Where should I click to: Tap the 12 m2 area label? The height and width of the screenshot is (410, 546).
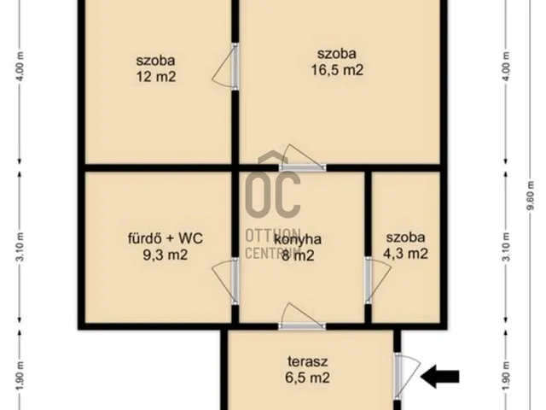click(x=155, y=76)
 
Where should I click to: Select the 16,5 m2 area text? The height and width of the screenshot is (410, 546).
click(x=337, y=70)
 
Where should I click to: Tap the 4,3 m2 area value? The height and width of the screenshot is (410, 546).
click(x=405, y=254)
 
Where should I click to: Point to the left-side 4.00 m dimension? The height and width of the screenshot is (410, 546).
click(x=18, y=67)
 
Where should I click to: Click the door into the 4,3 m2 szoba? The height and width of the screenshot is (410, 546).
click(x=369, y=280)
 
